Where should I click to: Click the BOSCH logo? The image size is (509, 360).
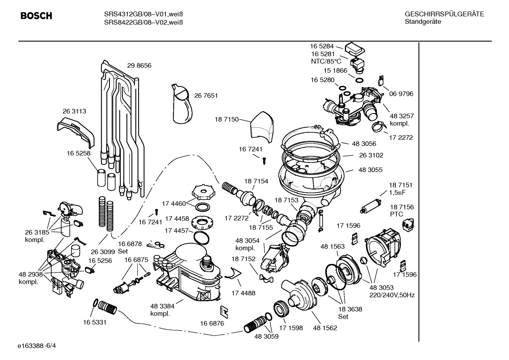tap(36, 16)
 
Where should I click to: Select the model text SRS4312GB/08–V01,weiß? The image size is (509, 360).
tap(143, 14)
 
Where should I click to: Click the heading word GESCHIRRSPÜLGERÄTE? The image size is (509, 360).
tap(444, 14)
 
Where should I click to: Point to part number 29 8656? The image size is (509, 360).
tap(139, 66)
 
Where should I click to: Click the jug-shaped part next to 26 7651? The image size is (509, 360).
tap(182, 104)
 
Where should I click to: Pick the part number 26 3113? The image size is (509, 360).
tap(74, 111)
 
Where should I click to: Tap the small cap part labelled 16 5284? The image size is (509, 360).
tap(355, 49)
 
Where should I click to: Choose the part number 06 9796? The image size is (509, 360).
tap(401, 94)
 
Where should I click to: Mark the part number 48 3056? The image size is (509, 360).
tap(364, 144)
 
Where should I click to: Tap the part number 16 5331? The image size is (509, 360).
tap(95, 322)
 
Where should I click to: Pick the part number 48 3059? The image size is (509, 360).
tap(266, 337)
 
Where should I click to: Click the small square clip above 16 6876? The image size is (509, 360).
tap(223, 311)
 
